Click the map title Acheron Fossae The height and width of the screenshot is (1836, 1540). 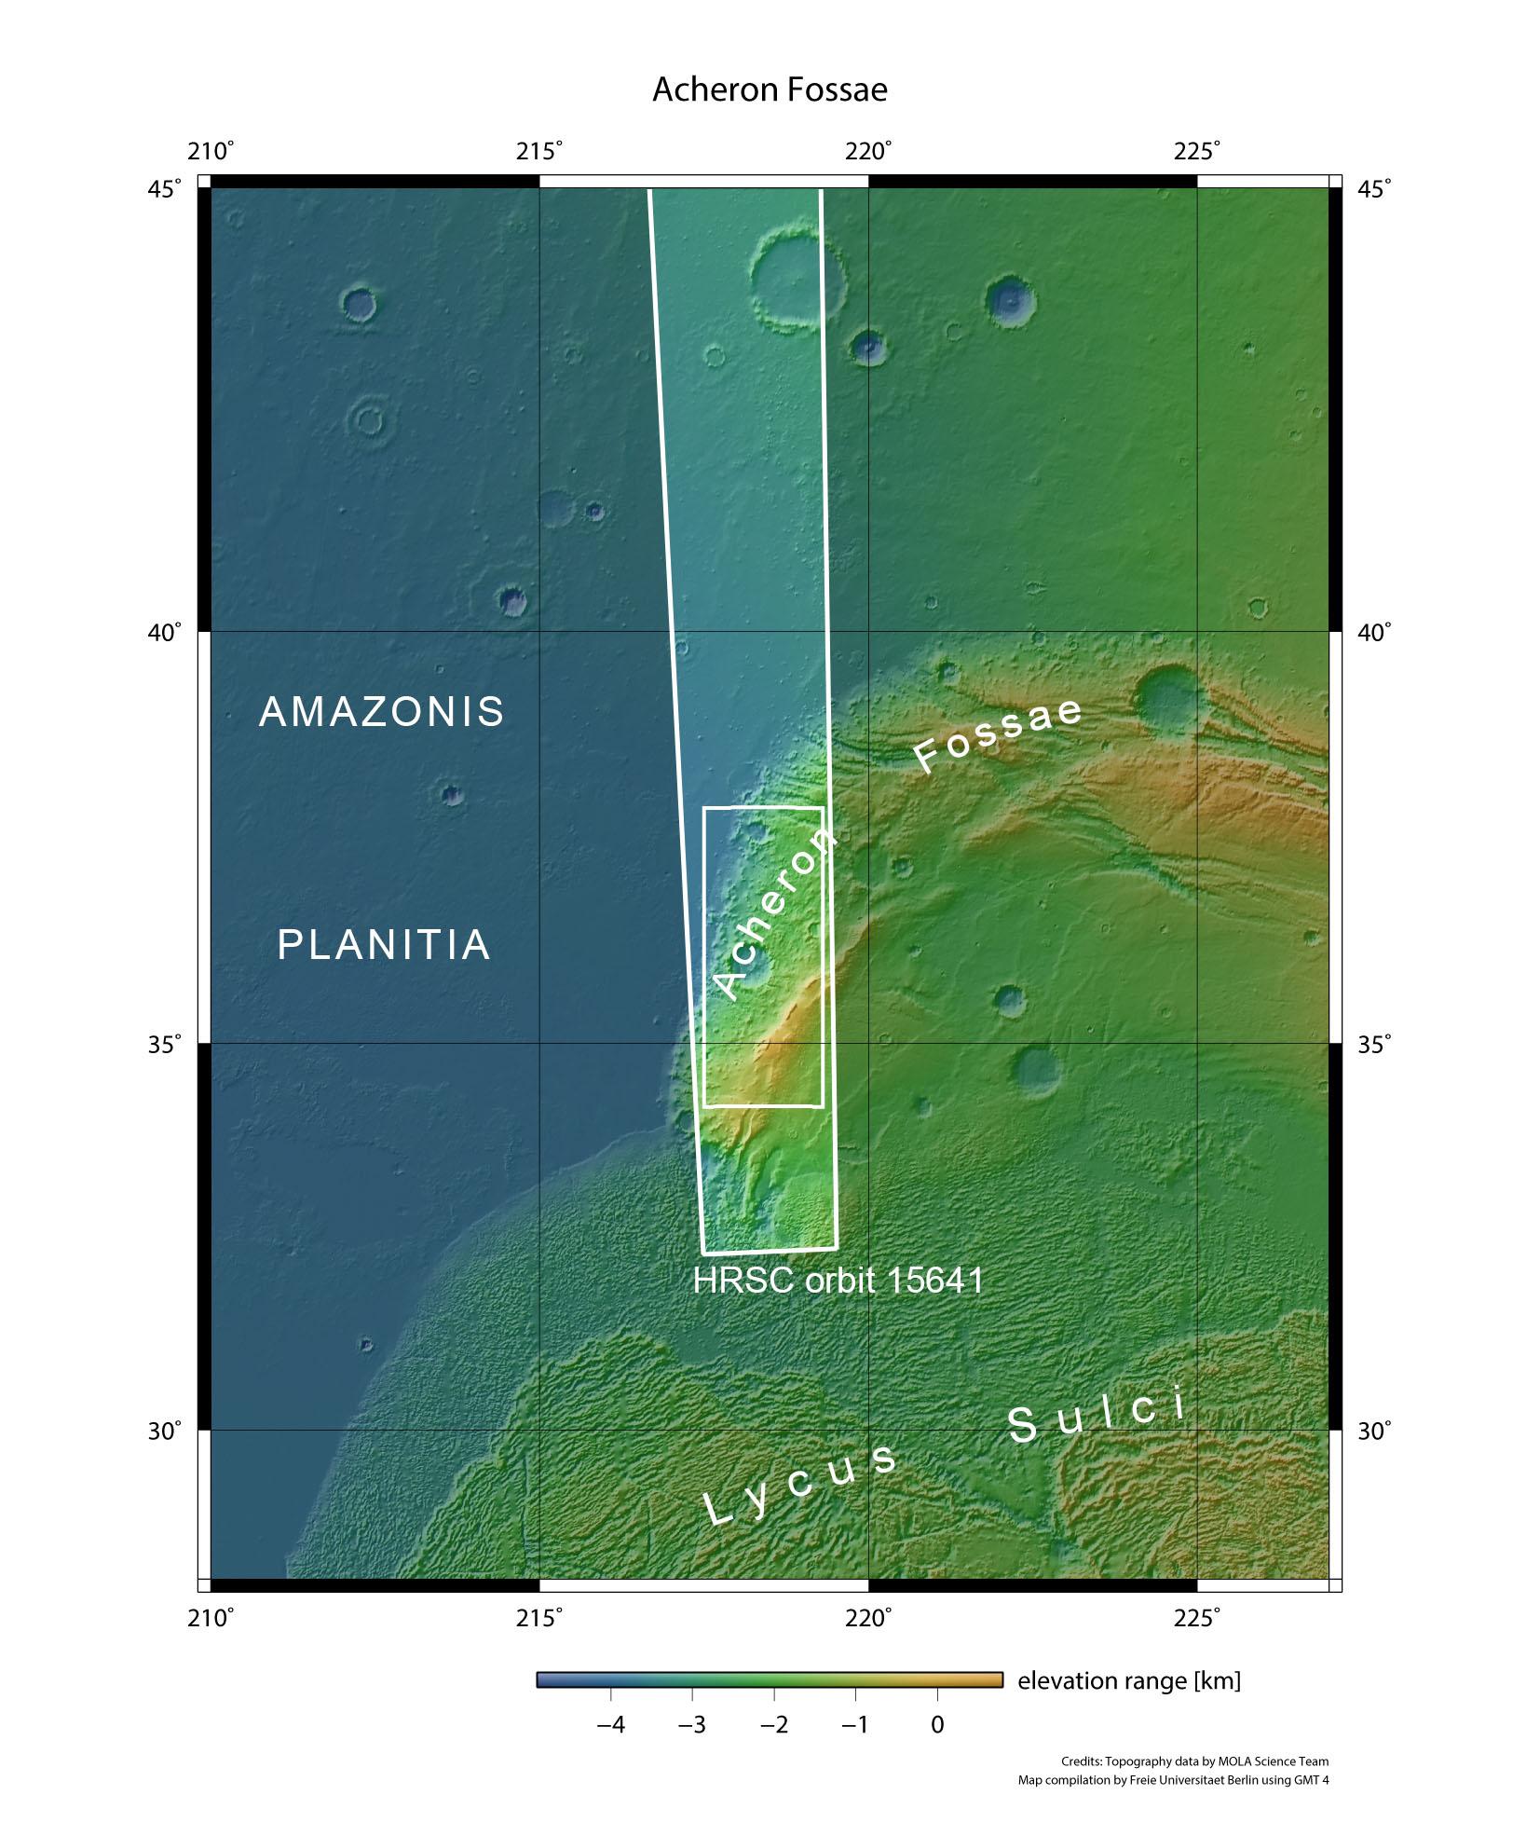(x=770, y=89)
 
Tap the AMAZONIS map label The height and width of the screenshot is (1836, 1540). (x=382, y=712)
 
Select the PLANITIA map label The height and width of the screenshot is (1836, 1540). (x=384, y=945)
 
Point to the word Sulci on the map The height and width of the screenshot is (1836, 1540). (x=1097, y=1419)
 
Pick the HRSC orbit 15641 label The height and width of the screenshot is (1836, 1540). (x=838, y=1281)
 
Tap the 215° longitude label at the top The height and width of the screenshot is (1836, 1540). (x=540, y=151)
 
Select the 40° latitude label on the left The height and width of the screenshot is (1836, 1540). (x=166, y=633)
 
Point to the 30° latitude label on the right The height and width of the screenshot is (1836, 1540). (x=1374, y=1431)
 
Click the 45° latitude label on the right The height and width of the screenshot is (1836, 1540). (x=1374, y=189)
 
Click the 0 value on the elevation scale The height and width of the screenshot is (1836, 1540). (x=937, y=1725)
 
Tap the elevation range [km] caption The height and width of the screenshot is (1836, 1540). (x=1129, y=1680)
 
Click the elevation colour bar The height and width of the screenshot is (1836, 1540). (x=770, y=1679)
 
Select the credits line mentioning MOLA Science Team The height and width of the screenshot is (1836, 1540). (x=1194, y=1761)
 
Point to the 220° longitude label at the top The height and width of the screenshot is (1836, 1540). (x=869, y=151)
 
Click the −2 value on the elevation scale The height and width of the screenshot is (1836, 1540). (x=773, y=1725)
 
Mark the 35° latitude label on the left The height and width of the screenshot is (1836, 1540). (x=166, y=1044)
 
